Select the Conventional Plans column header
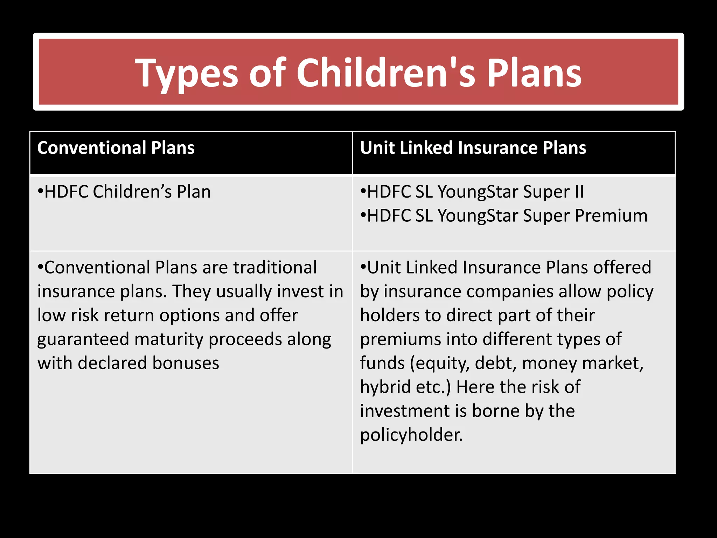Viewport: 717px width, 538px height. coord(116,148)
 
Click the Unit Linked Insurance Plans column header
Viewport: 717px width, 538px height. coord(473,148)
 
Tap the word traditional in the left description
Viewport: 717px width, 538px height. coord(275,268)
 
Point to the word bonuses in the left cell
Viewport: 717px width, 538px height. coord(186,363)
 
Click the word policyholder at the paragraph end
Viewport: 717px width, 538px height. coord(411,435)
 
